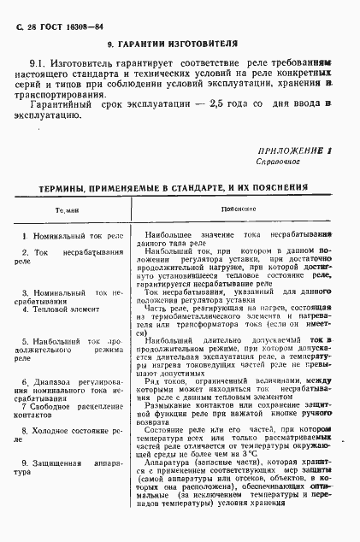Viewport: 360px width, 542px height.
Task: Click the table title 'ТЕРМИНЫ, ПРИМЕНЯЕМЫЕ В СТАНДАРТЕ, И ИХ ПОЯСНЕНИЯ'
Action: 166,186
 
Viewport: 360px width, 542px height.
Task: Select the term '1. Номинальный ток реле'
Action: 73,234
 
